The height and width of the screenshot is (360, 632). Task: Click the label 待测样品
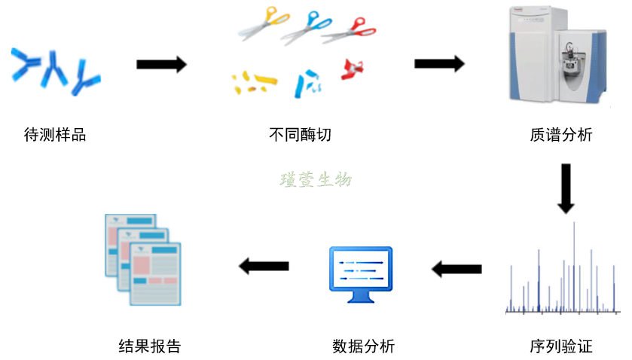(x=55, y=136)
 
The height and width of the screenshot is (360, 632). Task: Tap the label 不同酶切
(x=300, y=136)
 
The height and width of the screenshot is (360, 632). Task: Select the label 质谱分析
(x=561, y=136)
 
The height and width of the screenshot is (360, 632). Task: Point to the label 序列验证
(x=561, y=347)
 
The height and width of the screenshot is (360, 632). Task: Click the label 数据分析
(x=363, y=347)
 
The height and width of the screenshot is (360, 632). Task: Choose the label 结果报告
(x=150, y=347)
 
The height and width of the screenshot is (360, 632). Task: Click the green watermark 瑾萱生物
(x=316, y=179)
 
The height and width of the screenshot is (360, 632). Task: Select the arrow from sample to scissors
(x=161, y=65)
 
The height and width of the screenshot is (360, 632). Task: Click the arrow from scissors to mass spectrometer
(x=439, y=64)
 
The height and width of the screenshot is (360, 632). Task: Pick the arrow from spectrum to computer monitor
(x=456, y=267)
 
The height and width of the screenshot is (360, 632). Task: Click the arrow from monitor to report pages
(x=264, y=265)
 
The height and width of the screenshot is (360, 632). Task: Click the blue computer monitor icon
(x=360, y=273)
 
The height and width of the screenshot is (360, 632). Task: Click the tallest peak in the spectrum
(x=574, y=264)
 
